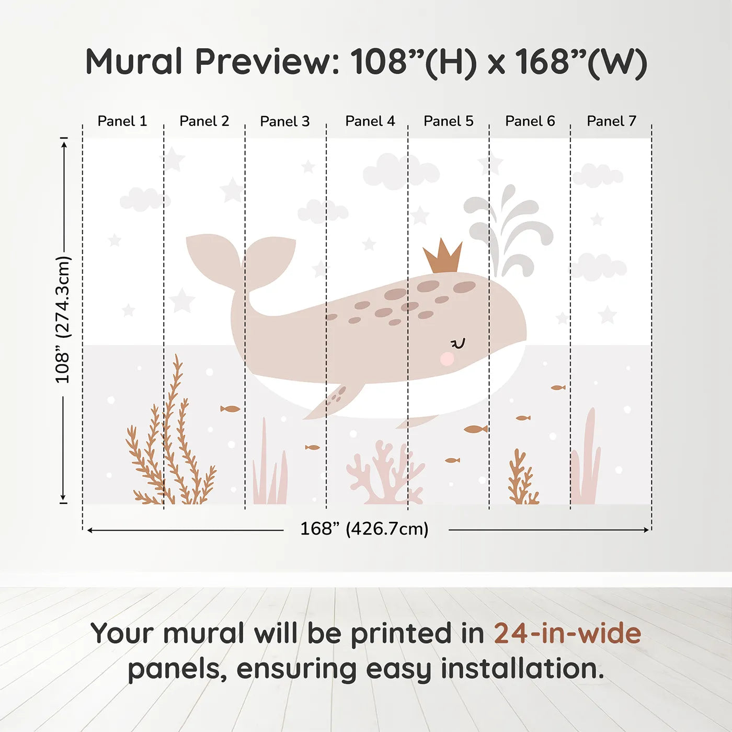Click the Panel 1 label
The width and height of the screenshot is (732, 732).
pyautogui.click(x=122, y=121)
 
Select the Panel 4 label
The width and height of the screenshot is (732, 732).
pyautogui.click(x=370, y=121)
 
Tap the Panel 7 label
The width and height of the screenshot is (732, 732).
pyautogui.click(x=611, y=121)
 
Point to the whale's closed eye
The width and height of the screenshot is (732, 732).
pyautogui.click(x=458, y=344)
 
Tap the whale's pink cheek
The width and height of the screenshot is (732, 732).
pyautogui.click(x=447, y=359)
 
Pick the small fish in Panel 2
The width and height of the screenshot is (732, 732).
pyautogui.click(x=230, y=409)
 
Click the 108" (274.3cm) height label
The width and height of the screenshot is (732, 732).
pyautogui.click(x=63, y=320)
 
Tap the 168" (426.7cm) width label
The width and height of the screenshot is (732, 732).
pyautogui.click(x=364, y=529)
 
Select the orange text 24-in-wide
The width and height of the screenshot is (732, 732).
pyautogui.click(x=567, y=634)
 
